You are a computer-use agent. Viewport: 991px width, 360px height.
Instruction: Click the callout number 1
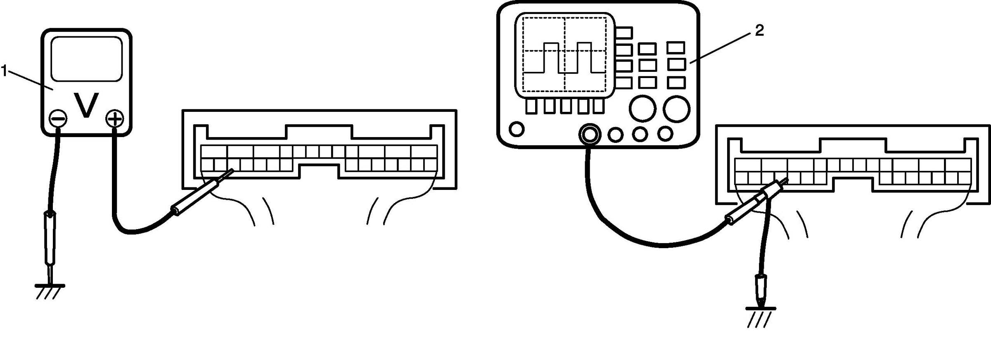tap(4, 71)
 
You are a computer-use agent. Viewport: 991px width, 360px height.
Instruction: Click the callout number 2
tap(759, 30)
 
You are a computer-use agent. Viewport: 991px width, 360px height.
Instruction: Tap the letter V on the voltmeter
tap(86, 105)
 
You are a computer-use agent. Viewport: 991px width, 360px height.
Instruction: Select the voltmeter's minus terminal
tap(58, 119)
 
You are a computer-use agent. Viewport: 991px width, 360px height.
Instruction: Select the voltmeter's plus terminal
tap(115, 119)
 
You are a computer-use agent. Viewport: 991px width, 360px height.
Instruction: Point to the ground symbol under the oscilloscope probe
tap(760, 316)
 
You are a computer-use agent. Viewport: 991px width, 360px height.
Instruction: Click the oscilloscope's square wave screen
tap(564, 55)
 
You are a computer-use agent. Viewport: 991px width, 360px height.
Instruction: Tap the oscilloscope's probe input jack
tap(589, 134)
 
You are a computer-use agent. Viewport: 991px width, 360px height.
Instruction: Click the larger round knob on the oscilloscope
tap(676, 109)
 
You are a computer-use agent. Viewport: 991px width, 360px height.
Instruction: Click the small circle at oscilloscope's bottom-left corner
tap(517, 129)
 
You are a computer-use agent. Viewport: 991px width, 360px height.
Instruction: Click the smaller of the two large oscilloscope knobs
tap(642, 108)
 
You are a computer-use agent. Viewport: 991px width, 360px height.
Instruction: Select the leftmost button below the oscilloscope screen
tap(531, 107)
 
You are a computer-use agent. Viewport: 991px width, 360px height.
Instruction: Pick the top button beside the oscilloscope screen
tap(624, 33)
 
